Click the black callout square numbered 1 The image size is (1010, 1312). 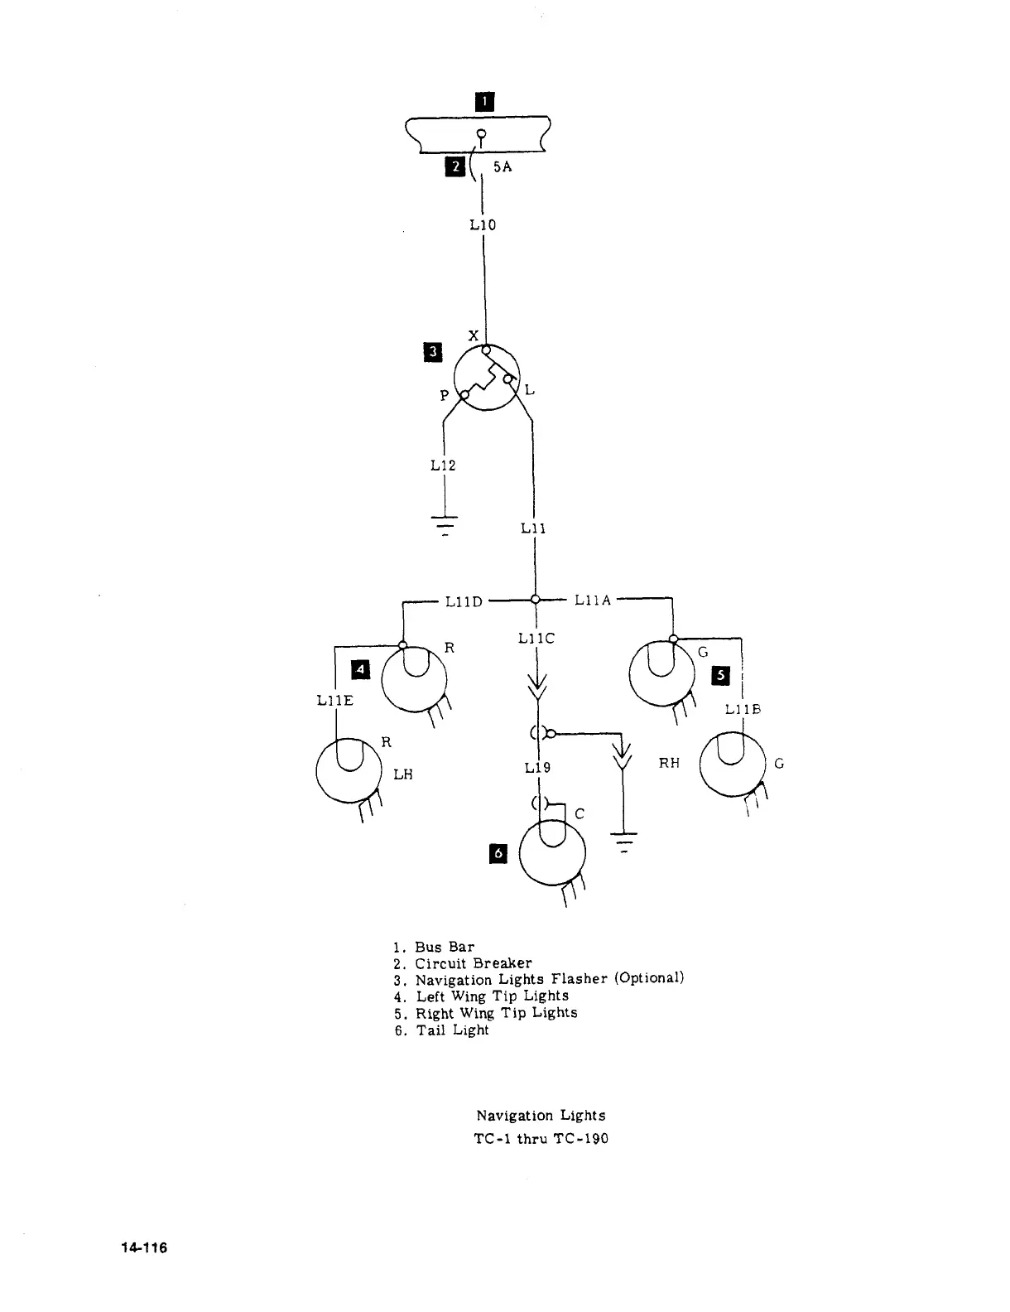(x=484, y=102)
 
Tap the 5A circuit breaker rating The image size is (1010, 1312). (x=503, y=166)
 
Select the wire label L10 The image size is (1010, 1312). (x=483, y=224)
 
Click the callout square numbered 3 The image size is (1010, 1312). (x=433, y=352)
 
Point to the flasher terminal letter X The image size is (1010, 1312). (x=474, y=335)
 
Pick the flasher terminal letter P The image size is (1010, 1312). (x=445, y=396)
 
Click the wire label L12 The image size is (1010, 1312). (x=443, y=465)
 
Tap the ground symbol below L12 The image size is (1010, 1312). (x=445, y=523)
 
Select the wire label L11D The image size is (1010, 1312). (x=464, y=601)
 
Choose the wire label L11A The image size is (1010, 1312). (x=593, y=601)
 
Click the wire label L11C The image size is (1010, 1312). (x=536, y=639)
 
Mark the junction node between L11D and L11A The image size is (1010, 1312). (x=535, y=600)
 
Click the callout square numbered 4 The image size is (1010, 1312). (x=361, y=668)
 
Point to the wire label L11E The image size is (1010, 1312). (x=334, y=701)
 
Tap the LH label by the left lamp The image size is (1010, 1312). (x=402, y=774)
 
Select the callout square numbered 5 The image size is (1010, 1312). (x=722, y=676)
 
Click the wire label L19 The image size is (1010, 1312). (x=537, y=768)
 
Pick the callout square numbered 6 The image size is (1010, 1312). (x=498, y=853)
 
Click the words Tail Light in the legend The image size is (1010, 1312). (x=452, y=1030)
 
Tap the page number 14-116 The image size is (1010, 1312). (x=142, y=1247)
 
